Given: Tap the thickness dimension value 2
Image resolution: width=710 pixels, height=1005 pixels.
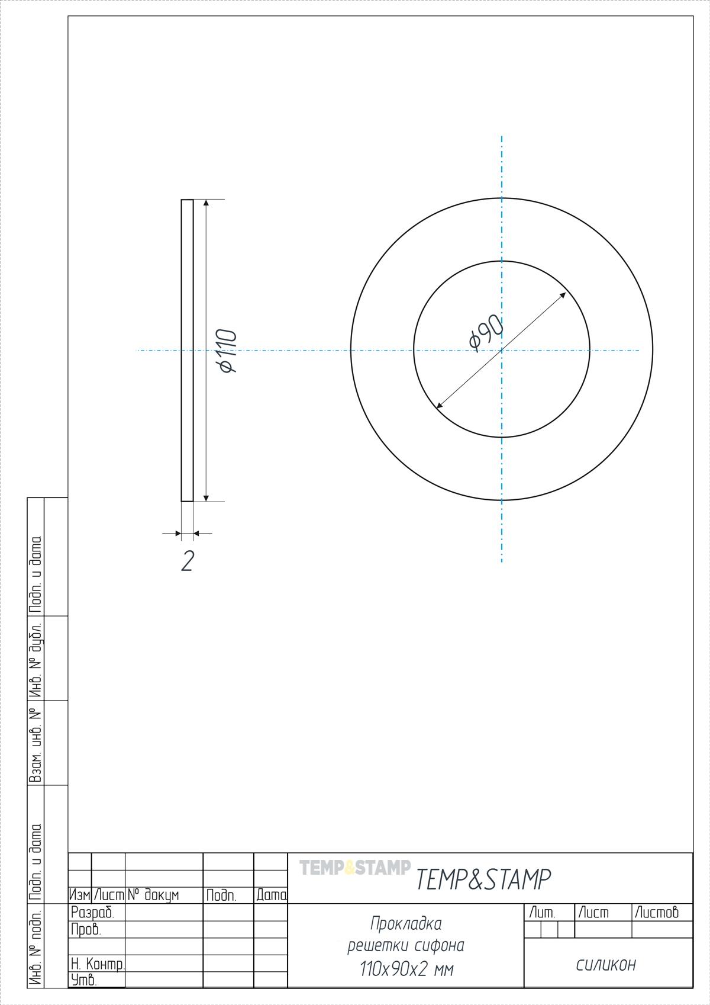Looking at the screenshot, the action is point(188,561).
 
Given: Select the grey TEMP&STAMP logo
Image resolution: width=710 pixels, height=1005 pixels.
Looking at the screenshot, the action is point(354,867).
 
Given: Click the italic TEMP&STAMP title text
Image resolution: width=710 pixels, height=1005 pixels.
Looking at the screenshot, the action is point(483,879).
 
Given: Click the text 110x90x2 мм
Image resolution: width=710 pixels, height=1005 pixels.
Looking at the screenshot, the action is point(406,969).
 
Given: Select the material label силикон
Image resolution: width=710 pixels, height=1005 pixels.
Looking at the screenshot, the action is point(606,965).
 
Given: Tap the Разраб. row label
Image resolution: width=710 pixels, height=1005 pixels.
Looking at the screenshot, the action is point(92,912).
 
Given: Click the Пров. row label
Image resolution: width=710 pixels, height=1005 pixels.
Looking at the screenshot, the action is point(86,929).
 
